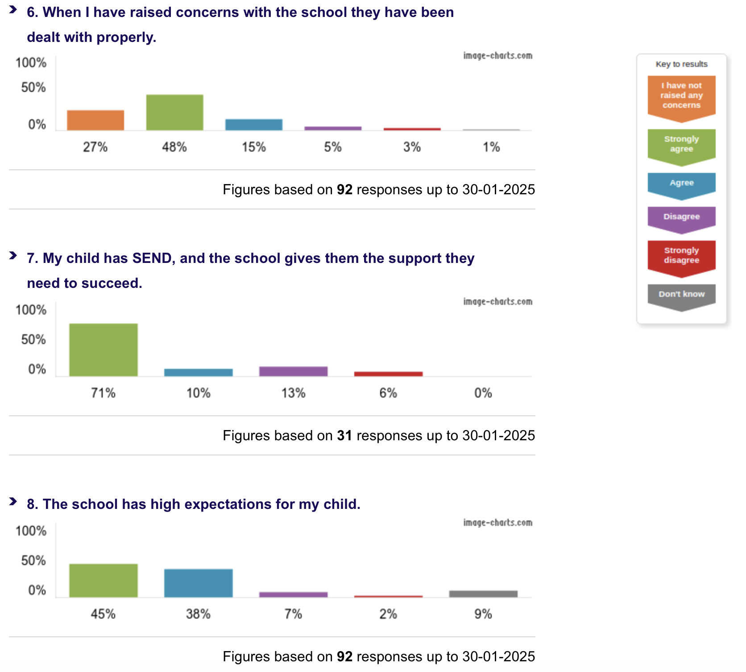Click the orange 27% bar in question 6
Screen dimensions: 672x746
pos(95,120)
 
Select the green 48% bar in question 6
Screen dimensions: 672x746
pos(174,112)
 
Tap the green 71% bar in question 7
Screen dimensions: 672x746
pos(104,350)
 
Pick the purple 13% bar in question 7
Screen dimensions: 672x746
pos(294,371)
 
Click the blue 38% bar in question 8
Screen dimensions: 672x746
pos(199,583)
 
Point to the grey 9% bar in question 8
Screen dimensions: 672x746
pos(483,594)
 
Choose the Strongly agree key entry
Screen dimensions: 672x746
pos(681,144)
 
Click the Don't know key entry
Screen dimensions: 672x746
pos(681,295)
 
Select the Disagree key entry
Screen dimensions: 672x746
pos(681,217)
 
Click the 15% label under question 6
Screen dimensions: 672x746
pos(254,147)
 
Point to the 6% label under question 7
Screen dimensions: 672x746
pos(388,393)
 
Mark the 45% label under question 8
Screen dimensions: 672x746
pos(103,614)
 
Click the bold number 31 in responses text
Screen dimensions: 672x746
pos(344,435)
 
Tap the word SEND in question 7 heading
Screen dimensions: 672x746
pos(152,258)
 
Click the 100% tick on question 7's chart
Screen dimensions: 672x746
pos(31,310)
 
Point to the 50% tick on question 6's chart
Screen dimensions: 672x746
pos(33,87)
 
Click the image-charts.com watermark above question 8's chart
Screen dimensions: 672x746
pos(497,522)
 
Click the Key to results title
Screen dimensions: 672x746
pos(681,64)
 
